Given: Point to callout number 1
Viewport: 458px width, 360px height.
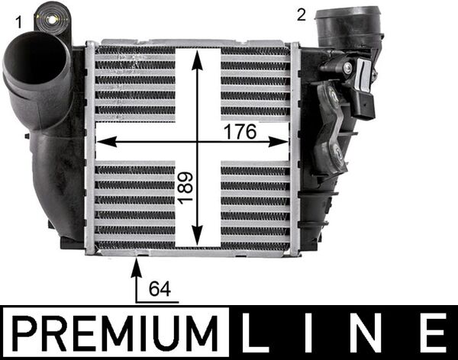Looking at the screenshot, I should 18,21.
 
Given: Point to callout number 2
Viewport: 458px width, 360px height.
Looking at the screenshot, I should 302,13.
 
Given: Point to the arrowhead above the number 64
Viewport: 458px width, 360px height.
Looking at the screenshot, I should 137,265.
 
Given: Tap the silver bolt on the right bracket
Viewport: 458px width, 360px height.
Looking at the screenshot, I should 347,68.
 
